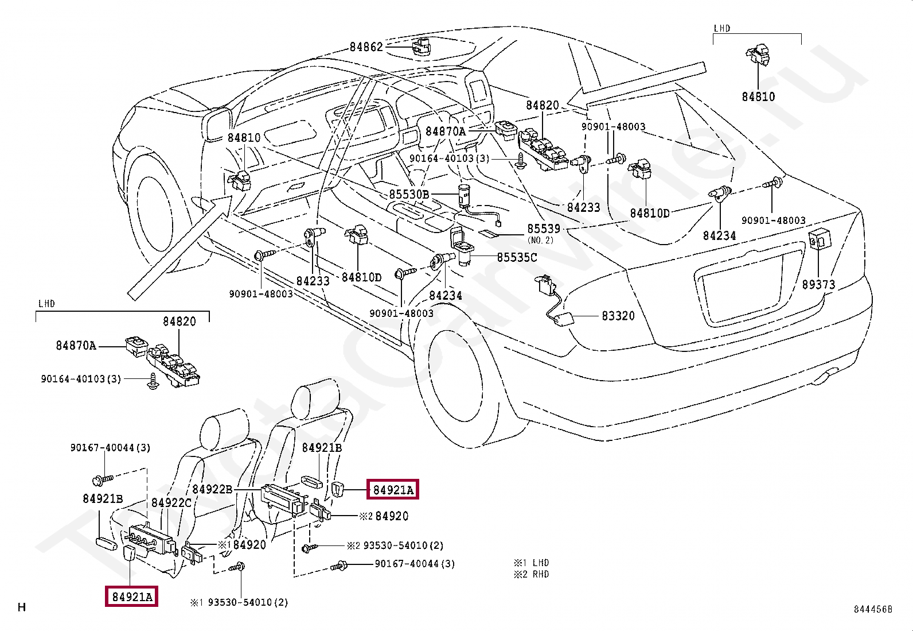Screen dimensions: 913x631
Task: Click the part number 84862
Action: pyautogui.click(x=366, y=47)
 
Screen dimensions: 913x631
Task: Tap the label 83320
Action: pyautogui.click(x=618, y=316)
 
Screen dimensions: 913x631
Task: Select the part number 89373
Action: pyautogui.click(x=818, y=284)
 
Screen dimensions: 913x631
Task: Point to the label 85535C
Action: pyautogui.click(x=517, y=258)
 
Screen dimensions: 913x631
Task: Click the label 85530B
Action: pyautogui.click(x=409, y=194)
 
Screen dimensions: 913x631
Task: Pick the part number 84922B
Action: pyautogui.click(x=212, y=489)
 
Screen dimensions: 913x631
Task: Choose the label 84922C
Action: pyautogui.click(x=171, y=503)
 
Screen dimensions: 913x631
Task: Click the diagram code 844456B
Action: pyautogui.click(x=873, y=609)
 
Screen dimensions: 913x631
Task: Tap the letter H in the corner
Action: pyautogui.click(x=22, y=607)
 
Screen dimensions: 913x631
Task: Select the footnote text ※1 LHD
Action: pyautogui.click(x=531, y=563)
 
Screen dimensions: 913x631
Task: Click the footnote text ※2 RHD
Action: pyautogui.click(x=531, y=574)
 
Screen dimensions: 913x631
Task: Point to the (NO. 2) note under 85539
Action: pyautogui.click(x=540, y=240)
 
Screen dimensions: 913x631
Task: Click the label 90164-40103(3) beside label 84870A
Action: pyautogui.click(x=449, y=158)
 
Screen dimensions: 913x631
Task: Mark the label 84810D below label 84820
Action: pyautogui.click(x=650, y=213)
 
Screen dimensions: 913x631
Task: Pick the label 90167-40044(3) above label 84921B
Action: pyautogui.click(x=110, y=448)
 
